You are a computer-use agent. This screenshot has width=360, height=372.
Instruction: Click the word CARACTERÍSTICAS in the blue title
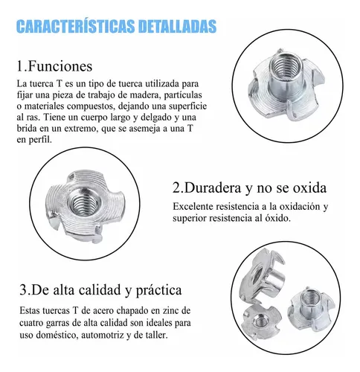pos(76,26)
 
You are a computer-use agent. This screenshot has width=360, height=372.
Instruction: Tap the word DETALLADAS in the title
pos(178,26)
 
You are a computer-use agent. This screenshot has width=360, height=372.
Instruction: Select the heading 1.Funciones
pos(54,66)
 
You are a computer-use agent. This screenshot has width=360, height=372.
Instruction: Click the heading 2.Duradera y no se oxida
pos(249,187)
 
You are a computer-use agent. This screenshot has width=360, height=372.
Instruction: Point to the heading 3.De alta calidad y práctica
pos(100,290)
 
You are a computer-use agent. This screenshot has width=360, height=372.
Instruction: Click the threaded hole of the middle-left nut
pos(83,203)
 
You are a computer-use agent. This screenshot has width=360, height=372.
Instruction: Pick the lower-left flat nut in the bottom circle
pos(261,321)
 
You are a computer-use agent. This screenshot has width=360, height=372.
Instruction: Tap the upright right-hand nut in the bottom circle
pos(312,309)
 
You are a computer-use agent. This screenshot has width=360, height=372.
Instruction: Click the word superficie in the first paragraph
pos(187,106)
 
